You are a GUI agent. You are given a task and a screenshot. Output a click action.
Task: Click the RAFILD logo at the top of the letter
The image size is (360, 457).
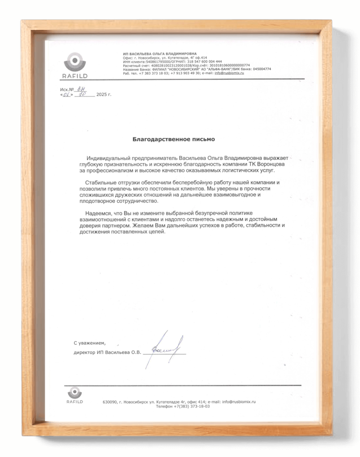click(73, 65)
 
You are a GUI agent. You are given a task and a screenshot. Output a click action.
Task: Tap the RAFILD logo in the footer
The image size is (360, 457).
click(75, 395)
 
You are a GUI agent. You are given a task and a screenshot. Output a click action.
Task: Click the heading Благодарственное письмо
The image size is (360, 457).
click(174, 139)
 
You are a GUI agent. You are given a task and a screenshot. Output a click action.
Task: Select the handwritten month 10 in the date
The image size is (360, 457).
click(82, 95)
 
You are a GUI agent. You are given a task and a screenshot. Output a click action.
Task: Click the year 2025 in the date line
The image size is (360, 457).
click(102, 95)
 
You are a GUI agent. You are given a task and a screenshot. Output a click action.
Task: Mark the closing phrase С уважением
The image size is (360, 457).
click(90, 343)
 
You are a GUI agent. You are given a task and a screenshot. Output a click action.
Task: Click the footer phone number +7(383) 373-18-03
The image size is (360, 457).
click(192, 407)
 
